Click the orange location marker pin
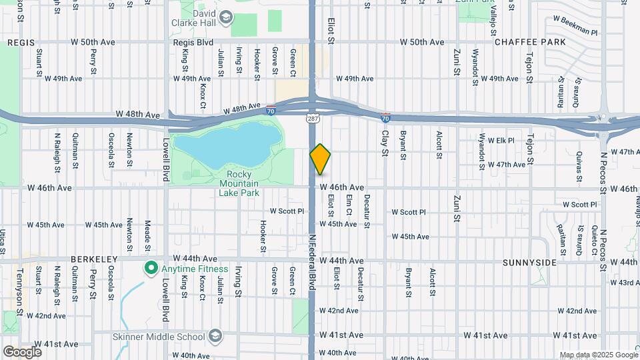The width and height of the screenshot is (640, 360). point(321,159)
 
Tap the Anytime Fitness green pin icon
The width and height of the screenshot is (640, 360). point(151,269)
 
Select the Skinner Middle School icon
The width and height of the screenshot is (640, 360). point(215,334)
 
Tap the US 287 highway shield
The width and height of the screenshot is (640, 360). point(312,117)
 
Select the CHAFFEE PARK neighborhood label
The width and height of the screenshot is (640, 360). point(525,42)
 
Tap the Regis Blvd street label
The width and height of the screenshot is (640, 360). point(193,42)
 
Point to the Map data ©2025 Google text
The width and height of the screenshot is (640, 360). point(598,355)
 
